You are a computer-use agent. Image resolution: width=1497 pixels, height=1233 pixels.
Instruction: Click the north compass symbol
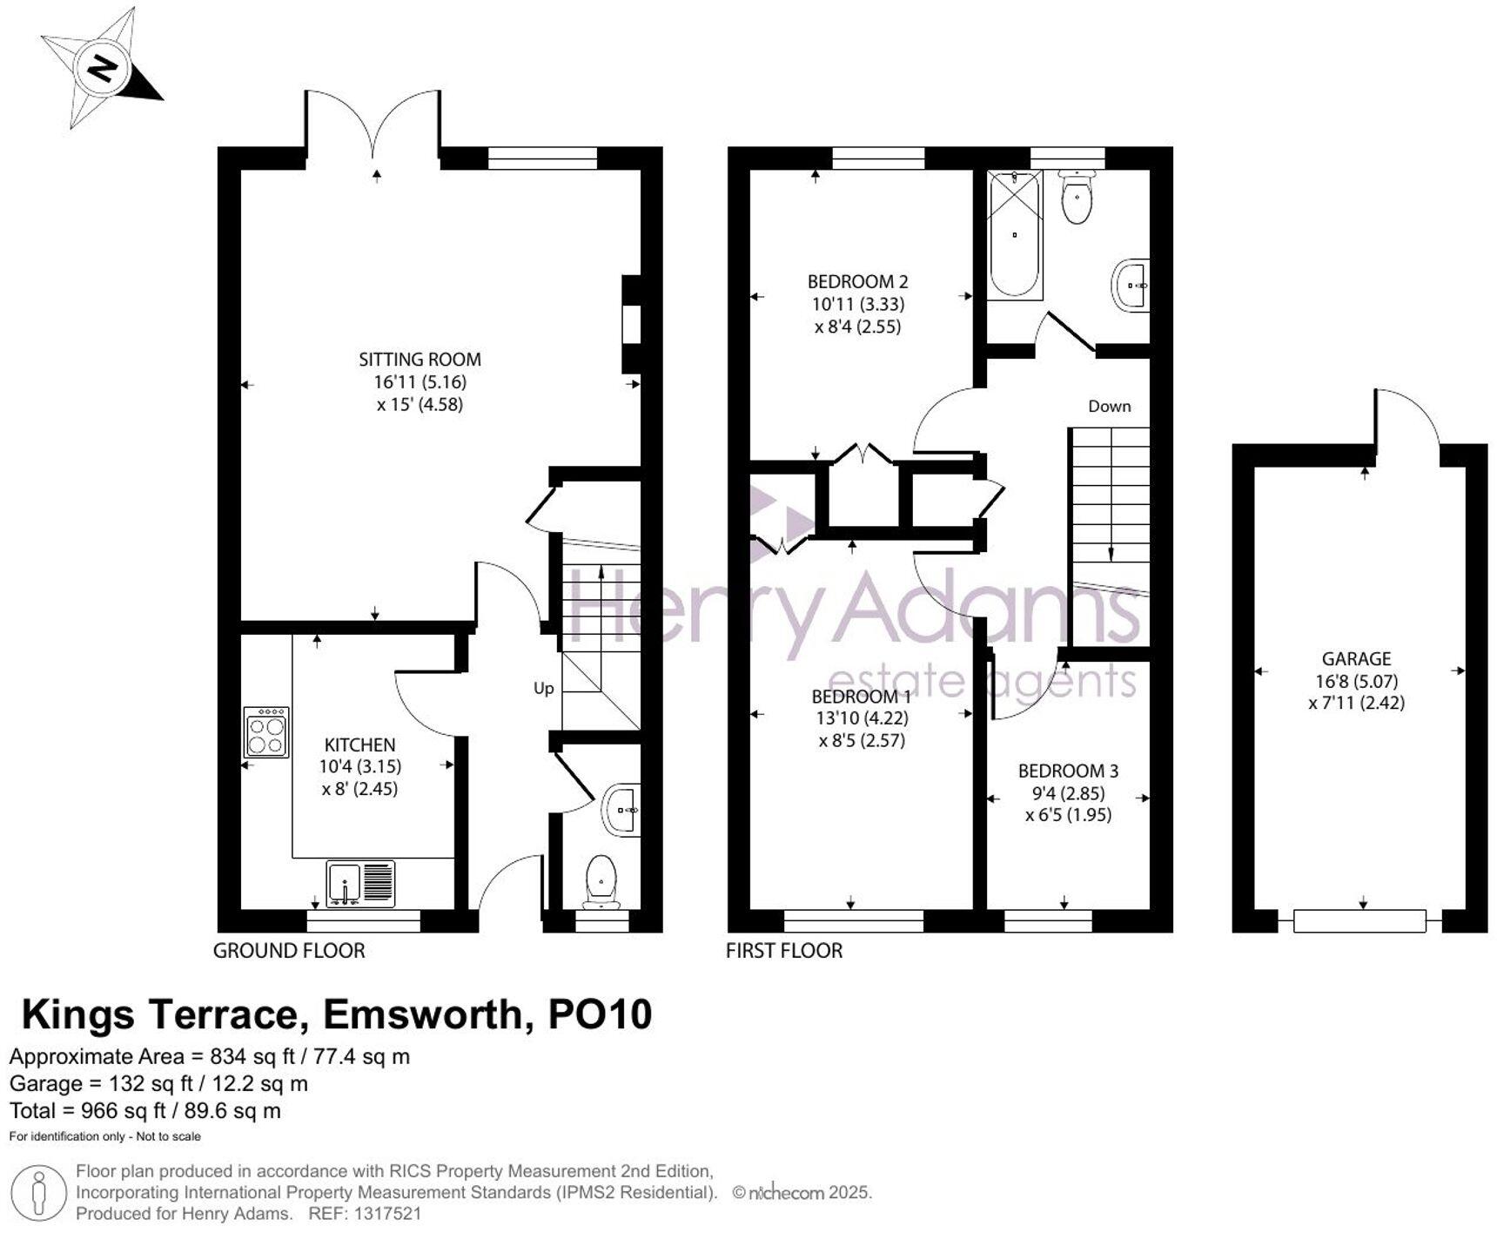[103, 68]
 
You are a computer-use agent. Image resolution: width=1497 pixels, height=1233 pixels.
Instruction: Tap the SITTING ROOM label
[420, 359]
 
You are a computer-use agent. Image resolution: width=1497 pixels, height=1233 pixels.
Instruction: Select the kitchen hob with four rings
[266, 732]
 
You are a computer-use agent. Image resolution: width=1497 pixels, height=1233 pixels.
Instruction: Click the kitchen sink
[360, 883]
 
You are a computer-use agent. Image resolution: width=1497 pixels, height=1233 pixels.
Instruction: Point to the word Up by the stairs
[543, 689]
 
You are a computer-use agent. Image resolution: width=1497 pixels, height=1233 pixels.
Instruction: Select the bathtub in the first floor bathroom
[1014, 234]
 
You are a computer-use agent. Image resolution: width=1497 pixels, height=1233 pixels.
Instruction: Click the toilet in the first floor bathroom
[1077, 196]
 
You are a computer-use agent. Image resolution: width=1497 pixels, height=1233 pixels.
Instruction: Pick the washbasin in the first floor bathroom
[1131, 284]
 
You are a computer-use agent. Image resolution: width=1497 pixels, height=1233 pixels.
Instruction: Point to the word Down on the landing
[1110, 406]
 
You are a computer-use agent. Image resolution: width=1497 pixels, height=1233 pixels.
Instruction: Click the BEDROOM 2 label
[857, 281]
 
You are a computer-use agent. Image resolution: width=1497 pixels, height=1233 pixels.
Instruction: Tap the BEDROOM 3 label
[1068, 771]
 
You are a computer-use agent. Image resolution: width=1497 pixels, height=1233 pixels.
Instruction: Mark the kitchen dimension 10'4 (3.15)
[360, 767]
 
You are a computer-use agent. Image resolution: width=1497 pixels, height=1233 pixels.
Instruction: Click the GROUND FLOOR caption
[289, 951]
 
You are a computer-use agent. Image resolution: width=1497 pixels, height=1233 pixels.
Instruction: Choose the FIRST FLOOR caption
[784, 951]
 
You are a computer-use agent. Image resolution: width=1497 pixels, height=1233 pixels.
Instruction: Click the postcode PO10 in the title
[600, 1015]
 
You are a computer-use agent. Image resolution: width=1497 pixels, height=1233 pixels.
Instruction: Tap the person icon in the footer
[39, 1194]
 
